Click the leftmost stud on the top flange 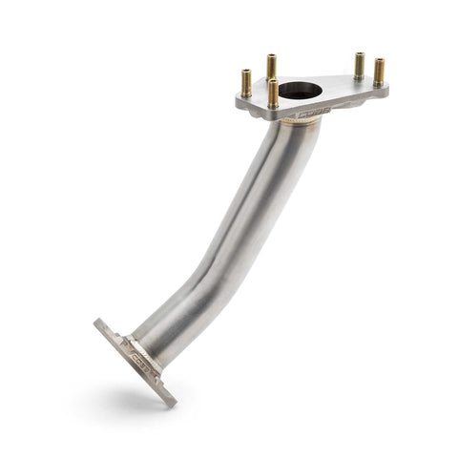tap(246, 84)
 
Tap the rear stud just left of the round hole tap(272, 68)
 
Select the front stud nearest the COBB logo tap(274, 94)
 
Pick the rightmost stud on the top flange tap(380, 73)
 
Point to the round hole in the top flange tap(301, 92)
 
